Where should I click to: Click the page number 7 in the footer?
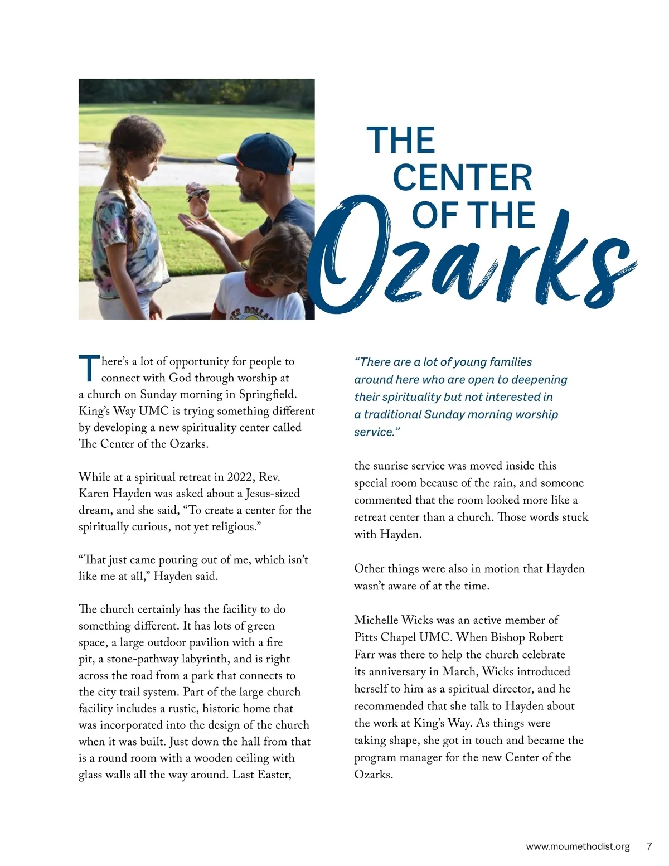(x=649, y=846)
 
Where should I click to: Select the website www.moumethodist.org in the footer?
(x=578, y=846)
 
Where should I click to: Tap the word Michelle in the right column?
(x=377, y=620)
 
